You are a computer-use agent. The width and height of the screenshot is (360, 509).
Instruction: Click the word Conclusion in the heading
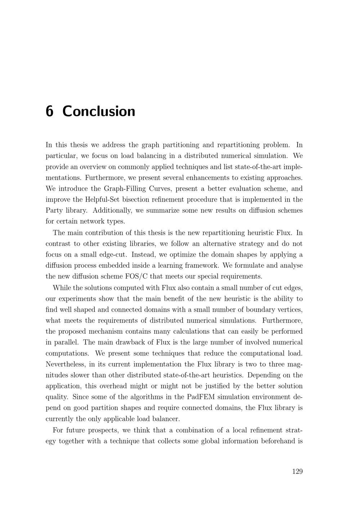(x=99, y=111)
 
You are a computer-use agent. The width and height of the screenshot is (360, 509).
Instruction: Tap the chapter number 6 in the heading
(x=49, y=111)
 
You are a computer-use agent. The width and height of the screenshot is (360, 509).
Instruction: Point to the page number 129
(x=297, y=472)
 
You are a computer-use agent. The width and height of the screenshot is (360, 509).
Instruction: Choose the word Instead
(x=143, y=254)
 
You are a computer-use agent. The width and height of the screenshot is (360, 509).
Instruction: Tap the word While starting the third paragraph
(x=62, y=288)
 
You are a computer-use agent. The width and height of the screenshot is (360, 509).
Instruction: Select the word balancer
(x=166, y=419)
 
